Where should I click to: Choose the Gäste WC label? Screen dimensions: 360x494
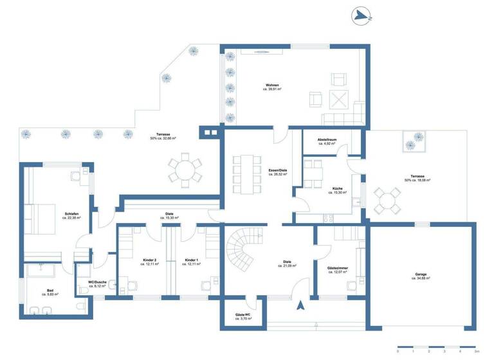tap(242, 316)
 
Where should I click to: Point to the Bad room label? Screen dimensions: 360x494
tap(50, 291)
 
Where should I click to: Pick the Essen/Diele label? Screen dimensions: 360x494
tap(278, 170)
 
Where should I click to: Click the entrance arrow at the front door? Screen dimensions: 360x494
tap(300, 306)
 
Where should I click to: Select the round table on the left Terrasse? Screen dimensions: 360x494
tap(185, 170)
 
